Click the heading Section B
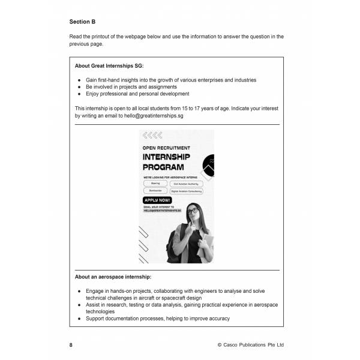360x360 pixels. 82,22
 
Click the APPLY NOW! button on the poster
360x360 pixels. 158,199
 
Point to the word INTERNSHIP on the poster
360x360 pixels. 171,157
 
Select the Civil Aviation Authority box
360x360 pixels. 194,184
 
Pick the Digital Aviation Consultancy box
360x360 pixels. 194,190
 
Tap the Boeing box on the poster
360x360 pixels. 155,184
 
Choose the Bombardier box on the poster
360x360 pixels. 155,190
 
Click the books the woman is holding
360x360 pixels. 208,242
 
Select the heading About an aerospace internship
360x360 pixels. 113,277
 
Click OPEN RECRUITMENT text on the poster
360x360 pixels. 166,147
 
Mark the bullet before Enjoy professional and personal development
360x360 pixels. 80,94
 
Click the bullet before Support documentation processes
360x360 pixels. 80,319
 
